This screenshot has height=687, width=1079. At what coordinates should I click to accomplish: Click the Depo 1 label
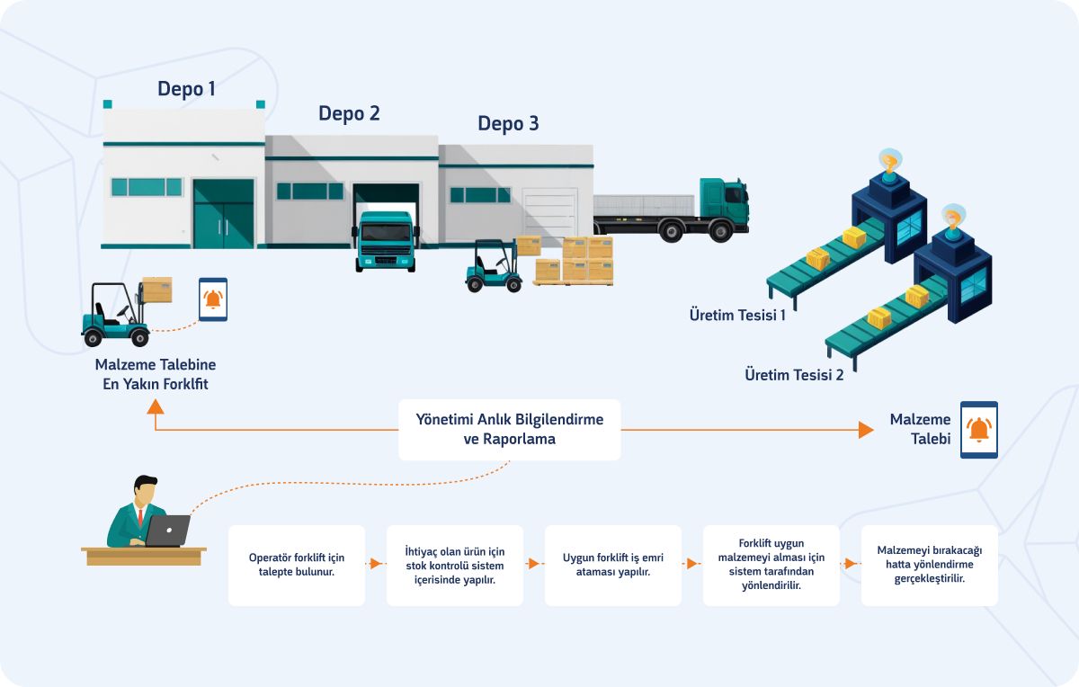pos(186,89)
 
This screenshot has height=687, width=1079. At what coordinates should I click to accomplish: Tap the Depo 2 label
pos(349,113)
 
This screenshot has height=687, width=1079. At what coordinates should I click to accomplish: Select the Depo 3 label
pos(508,124)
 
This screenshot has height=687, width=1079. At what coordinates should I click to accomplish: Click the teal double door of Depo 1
pos(223,214)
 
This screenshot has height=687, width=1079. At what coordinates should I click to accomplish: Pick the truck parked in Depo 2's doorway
pos(386,240)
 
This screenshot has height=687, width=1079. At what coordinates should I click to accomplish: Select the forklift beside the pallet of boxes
pos(493,268)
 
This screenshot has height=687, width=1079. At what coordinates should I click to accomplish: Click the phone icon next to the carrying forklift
pos(213,299)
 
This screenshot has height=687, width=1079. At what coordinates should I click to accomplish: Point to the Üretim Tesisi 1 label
pos(737,315)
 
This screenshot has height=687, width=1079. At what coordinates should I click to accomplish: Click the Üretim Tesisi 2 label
pos(794,375)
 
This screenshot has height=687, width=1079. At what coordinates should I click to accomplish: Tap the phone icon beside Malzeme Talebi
pos(978,430)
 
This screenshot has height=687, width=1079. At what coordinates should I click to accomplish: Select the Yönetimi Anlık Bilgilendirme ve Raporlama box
pos(510,430)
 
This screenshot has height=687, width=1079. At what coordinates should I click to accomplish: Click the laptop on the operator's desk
pos(168,531)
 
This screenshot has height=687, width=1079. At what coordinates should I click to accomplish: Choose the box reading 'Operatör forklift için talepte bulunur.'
pos(297,565)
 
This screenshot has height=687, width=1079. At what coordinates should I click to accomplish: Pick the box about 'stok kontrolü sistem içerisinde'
pos(455,565)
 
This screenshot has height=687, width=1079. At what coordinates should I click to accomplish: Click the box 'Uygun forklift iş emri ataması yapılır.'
pos(613,565)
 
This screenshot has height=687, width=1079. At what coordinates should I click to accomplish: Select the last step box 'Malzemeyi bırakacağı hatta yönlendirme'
pos(930,565)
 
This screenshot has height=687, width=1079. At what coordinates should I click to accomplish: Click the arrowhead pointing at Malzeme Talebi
pos(866,430)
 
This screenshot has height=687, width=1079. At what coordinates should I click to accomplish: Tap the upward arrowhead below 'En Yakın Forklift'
pos(156,407)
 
